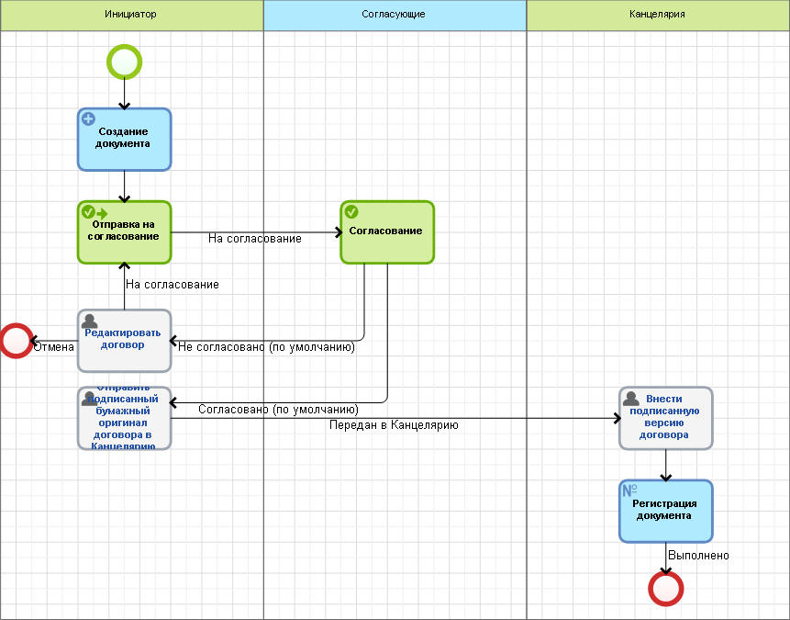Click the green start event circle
coord(124,62)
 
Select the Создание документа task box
coord(124,140)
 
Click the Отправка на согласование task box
coord(124,232)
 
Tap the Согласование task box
coord(386,232)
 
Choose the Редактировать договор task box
coord(124,340)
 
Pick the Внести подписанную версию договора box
coord(665,418)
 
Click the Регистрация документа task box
coord(665,511)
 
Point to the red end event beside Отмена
coord(17,340)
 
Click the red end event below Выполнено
coord(665,587)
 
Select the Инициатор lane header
coord(131,15)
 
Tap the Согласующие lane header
coord(395,15)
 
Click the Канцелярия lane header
coord(657,15)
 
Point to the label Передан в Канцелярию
coord(394,425)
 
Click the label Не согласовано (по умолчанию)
coord(266,347)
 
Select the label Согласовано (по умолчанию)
coord(278,409)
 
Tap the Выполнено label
coord(698,556)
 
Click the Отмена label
coord(53,347)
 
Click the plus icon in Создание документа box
coord(89,118)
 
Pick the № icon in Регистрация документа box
coord(630,490)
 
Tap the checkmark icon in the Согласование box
coord(351,211)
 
